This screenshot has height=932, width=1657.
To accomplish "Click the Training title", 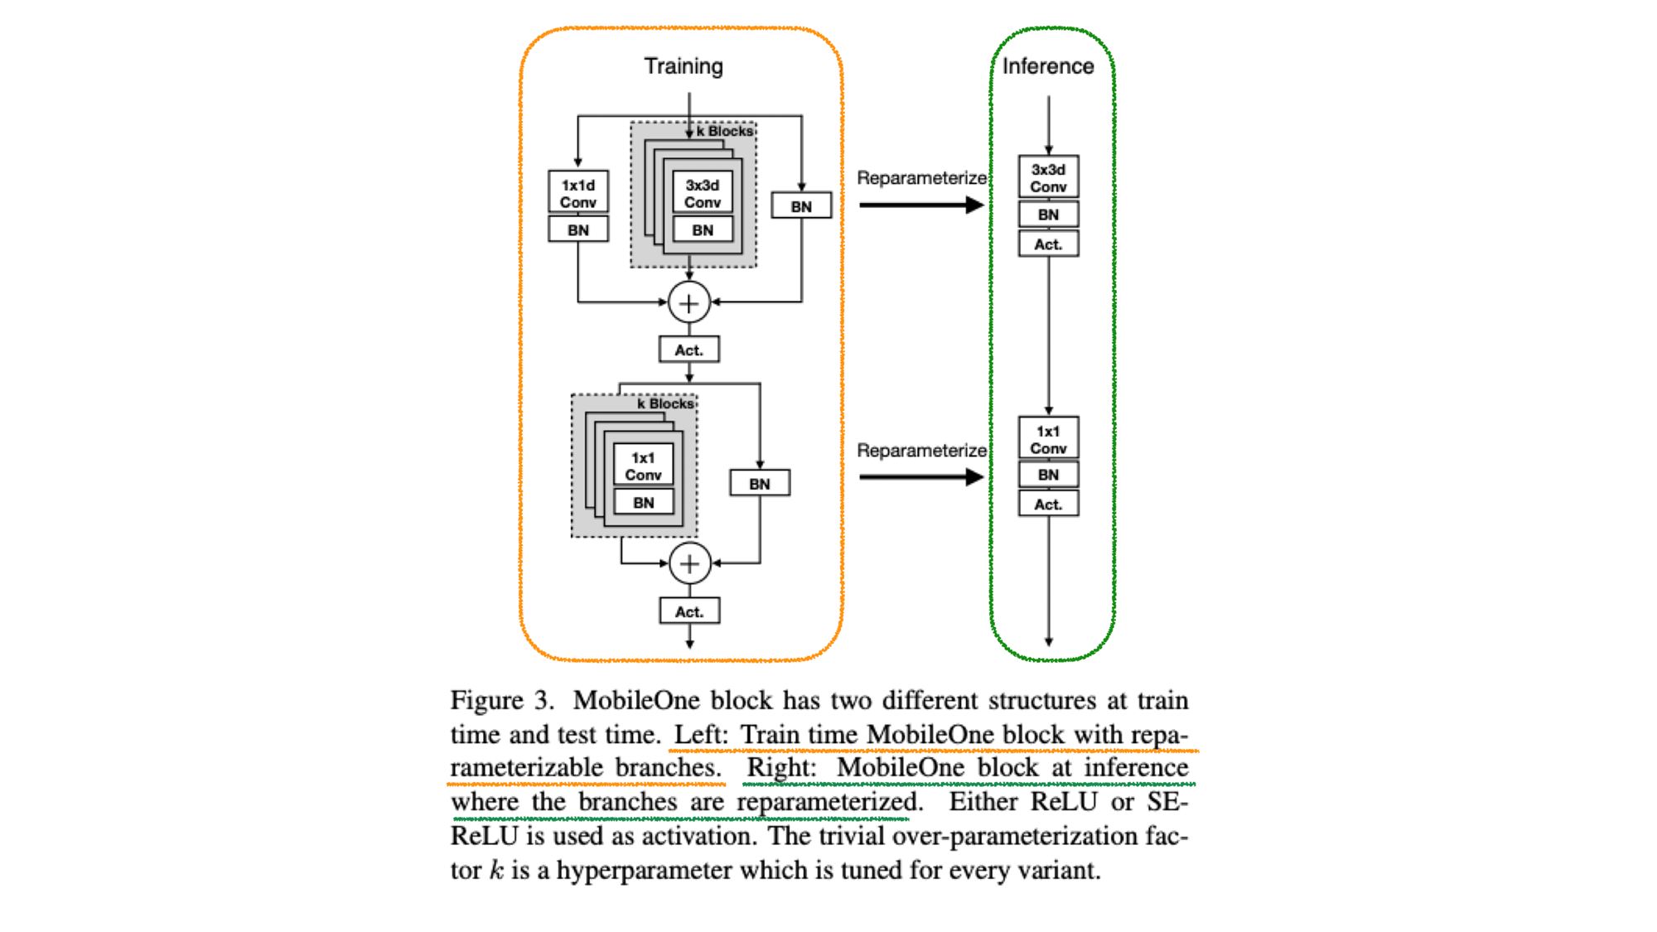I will pyautogui.click(x=684, y=66).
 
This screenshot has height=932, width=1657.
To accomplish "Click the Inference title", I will pyautogui.click(x=1048, y=66).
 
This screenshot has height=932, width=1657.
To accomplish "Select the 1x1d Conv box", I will pyautogui.click(x=578, y=193).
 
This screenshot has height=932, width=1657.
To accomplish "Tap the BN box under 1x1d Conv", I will pyautogui.click(x=578, y=229).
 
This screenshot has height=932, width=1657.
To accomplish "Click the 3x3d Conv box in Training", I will pyautogui.click(x=703, y=193).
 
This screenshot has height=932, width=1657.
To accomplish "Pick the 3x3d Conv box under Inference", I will pyautogui.click(x=1048, y=177).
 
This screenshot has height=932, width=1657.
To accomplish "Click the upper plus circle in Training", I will pyautogui.click(x=689, y=303).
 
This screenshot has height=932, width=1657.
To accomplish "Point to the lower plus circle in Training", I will pyautogui.click(x=689, y=564).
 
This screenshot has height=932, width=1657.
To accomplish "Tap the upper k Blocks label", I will pyautogui.click(x=725, y=131).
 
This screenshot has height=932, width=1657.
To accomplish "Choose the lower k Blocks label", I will pyautogui.click(x=666, y=403).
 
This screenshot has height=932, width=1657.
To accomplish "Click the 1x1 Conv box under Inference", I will pyautogui.click(x=1048, y=439).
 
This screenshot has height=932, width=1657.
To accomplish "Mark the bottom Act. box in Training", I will pyautogui.click(x=689, y=611).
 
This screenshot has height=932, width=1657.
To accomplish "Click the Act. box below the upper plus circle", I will pyautogui.click(x=689, y=350).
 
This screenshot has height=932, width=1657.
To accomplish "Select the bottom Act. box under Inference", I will pyautogui.click(x=1048, y=504).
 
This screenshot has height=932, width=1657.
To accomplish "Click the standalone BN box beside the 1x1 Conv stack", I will pyautogui.click(x=760, y=484).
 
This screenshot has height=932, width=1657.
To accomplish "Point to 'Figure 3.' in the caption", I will pyautogui.click(x=501, y=701).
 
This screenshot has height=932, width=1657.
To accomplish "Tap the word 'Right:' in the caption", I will pyautogui.click(x=781, y=769).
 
